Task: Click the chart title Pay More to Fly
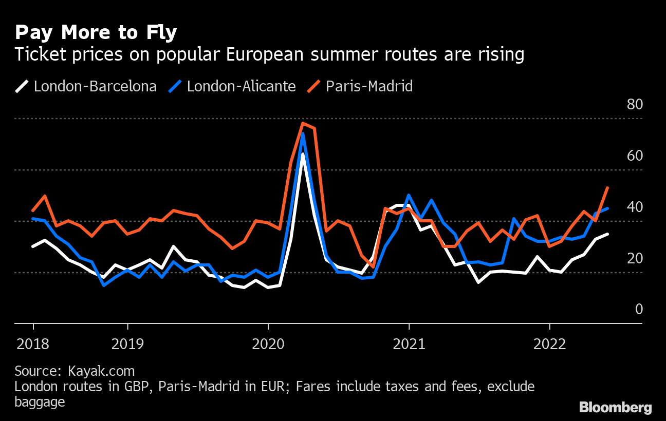[96, 33]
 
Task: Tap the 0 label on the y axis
[639, 309]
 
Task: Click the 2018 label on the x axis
[33, 343]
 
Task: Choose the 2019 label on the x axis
[127, 343]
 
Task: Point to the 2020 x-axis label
[268, 343]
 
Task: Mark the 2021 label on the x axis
[409, 343]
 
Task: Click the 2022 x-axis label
[550, 343]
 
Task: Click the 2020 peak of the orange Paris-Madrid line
[303, 123]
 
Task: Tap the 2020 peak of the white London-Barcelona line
[303, 154]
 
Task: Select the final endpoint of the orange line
[608, 188]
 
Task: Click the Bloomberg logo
[615, 408]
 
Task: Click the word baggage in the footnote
[40, 401]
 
